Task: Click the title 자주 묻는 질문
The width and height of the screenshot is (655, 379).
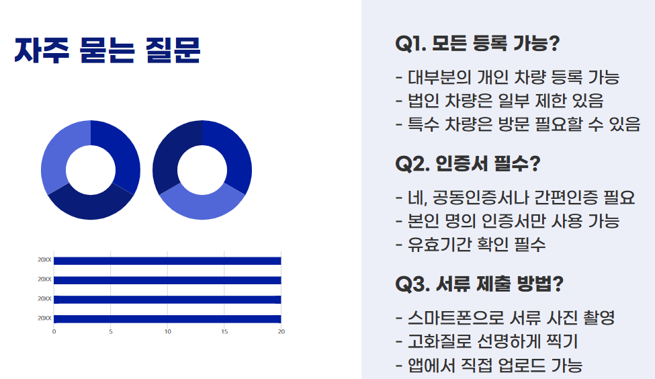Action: point(107,51)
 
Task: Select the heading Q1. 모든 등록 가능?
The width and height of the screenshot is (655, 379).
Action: point(478,44)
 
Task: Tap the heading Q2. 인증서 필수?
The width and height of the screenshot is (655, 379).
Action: point(468,163)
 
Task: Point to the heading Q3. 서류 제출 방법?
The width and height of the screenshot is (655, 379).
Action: point(480,284)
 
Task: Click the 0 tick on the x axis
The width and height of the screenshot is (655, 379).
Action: point(54,331)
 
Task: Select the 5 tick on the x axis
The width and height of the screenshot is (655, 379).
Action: point(111,331)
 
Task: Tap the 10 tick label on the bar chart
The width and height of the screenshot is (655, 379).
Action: point(167,331)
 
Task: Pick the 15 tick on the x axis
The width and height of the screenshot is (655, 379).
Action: point(224,331)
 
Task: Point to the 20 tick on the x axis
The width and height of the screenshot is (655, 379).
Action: point(281,331)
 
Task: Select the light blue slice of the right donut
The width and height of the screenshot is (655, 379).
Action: point(202,201)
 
